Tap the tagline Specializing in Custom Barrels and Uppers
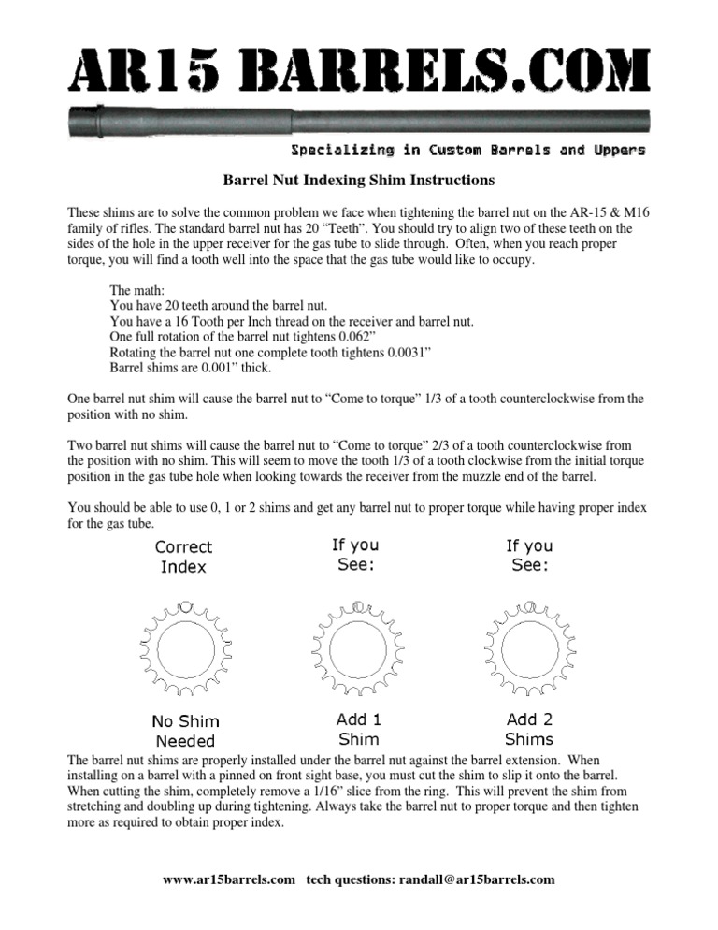click(467, 151)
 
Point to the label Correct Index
click(183, 557)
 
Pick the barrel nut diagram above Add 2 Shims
click(528, 646)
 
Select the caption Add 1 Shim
click(358, 730)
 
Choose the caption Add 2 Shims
click(529, 730)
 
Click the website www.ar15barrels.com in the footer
click(230, 879)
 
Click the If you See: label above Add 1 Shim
click(355, 556)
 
